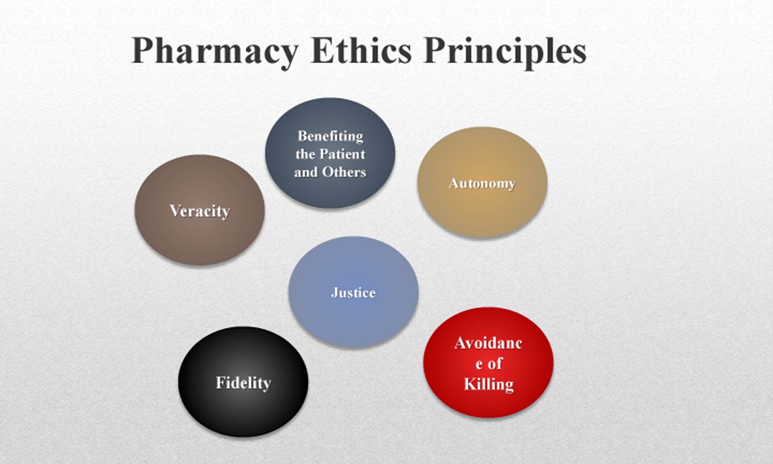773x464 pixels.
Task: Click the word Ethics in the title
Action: coord(361,50)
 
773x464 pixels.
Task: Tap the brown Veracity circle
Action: coord(199,210)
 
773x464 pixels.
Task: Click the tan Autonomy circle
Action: coord(482,182)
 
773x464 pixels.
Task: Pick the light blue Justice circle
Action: coord(353,292)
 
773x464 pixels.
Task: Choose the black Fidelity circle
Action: coord(243,382)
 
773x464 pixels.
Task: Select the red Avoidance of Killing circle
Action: coord(488,362)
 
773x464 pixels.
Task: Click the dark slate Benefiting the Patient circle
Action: coord(330,153)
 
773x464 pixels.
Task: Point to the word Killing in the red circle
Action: coord(489,385)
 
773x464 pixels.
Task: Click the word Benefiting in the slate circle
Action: coord(330,136)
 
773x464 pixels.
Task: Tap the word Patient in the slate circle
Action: coord(342,154)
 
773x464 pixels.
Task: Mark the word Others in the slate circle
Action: coord(344,172)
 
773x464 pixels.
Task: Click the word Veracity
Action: coord(200,212)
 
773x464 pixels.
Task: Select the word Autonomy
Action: coord(482,183)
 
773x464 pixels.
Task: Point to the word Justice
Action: coord(353,293)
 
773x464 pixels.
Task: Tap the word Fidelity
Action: coord(243,383)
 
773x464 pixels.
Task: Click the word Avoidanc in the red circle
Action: coord(489,343)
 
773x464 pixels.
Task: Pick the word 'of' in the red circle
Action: coord(495,363)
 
